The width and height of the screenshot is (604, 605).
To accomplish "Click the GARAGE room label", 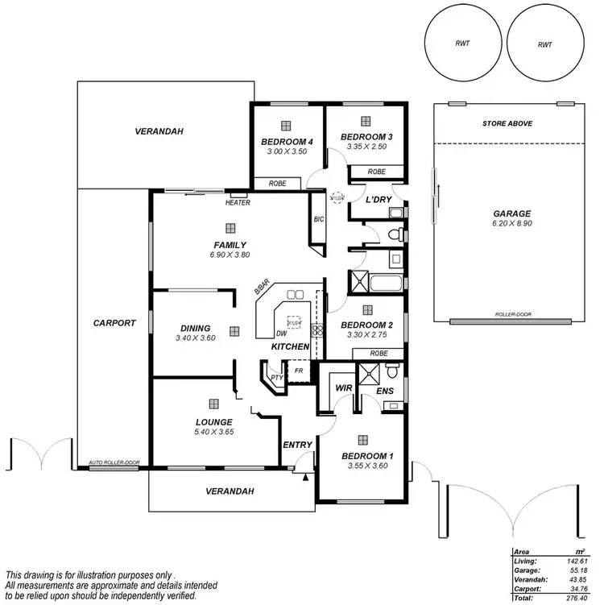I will tap(511, 214).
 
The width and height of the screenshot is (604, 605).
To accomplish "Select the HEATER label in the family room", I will tap(238, 202).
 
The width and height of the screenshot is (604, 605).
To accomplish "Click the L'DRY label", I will tap(378, 199).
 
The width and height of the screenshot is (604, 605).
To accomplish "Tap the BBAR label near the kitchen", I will tap(261, 288).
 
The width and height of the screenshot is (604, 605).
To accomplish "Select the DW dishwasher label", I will tap(281, 333).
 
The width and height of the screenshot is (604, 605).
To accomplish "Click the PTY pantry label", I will tap(275, 376).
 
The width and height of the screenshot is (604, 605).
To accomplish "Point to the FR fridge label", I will tap(300, 371).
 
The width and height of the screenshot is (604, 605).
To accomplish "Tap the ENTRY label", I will tap(297, 444).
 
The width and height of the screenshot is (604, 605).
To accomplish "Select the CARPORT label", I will tap(114, 322).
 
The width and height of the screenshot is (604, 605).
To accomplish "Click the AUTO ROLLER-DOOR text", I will tap(114, 462).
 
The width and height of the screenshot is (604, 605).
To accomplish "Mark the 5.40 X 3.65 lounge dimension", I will tap(213, 433).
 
